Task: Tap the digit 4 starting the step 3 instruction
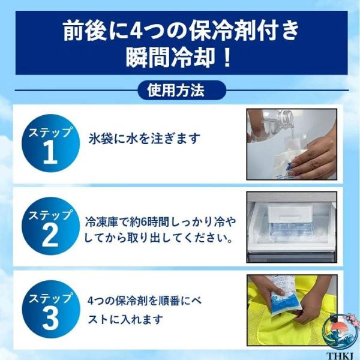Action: (91, 301)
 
